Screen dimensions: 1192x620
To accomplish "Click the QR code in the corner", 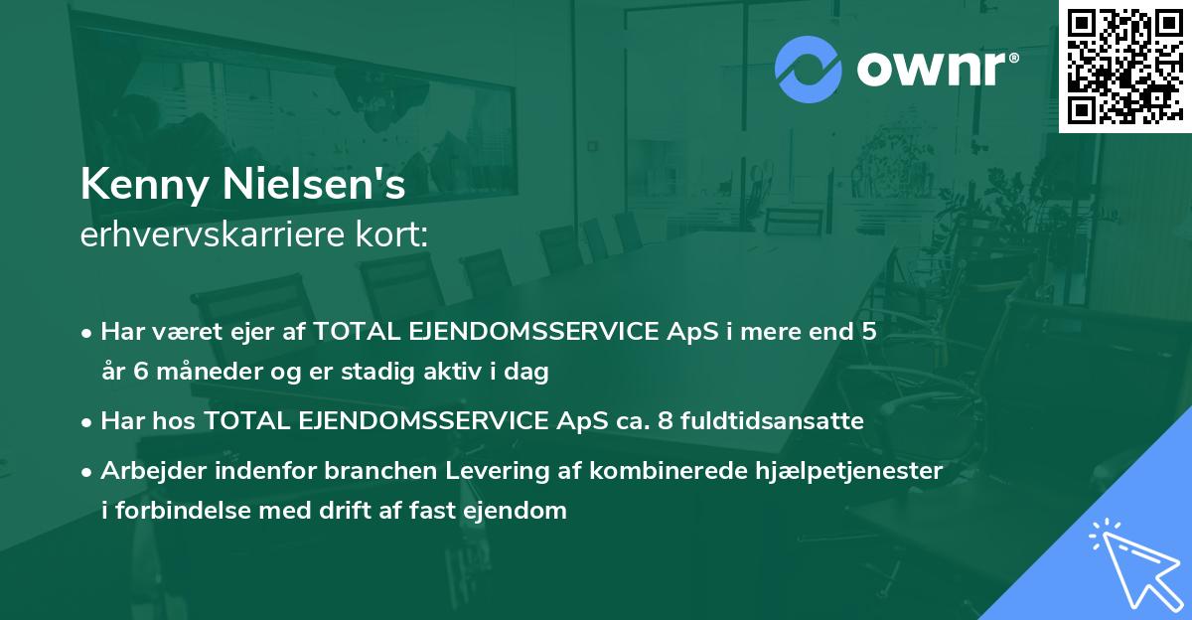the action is (1124, 67).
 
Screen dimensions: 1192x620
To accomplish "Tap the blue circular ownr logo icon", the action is (808, 69).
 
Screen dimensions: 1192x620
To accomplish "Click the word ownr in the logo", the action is (938, 69).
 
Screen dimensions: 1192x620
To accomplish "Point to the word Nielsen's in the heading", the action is (314, 184).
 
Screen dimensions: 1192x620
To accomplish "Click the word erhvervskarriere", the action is (213, 234).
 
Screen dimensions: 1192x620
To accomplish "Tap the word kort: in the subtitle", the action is (391, 234).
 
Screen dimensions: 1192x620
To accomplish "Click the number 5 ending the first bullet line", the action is (868, 331).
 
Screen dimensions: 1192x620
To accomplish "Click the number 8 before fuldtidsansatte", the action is (665, 420).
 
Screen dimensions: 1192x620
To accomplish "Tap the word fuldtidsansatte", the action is (772, 420).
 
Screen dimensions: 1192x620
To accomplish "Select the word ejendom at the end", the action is (515, 511).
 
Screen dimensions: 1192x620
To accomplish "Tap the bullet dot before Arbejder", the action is (86, 472).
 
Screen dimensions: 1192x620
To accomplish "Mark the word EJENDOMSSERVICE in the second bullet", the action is (423, 420).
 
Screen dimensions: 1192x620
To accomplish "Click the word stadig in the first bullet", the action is (377, 372).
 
